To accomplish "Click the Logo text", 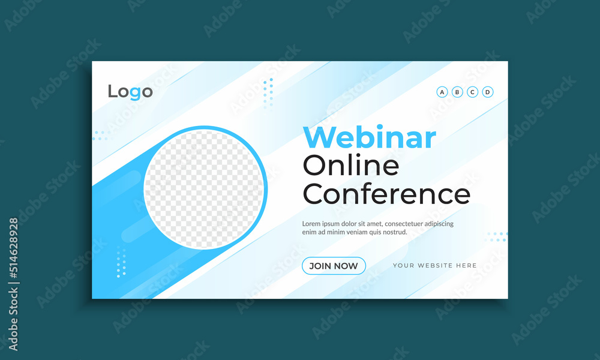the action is pos(130,92).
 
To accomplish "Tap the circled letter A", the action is pos(442,92).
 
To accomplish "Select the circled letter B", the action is pos(457,92).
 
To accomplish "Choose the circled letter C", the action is pos(472,92).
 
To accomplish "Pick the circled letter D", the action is pos(487,92).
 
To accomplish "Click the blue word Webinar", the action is pos(369,137).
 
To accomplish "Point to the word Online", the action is pos(351,165).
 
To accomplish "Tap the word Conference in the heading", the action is pos(386,194).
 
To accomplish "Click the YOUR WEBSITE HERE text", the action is pos(434,266).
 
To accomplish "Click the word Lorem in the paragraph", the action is pos(311,223).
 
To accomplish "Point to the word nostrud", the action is pos(394,232).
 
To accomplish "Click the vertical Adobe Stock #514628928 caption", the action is pos(13,284).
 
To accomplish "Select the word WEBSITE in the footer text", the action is pos(434,266).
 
